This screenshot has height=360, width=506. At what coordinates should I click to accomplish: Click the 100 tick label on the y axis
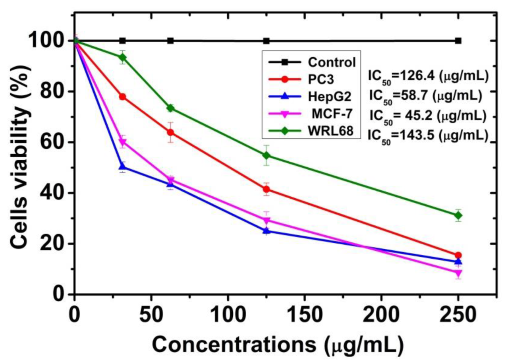47,41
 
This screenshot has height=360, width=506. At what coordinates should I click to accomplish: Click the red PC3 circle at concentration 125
267,189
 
